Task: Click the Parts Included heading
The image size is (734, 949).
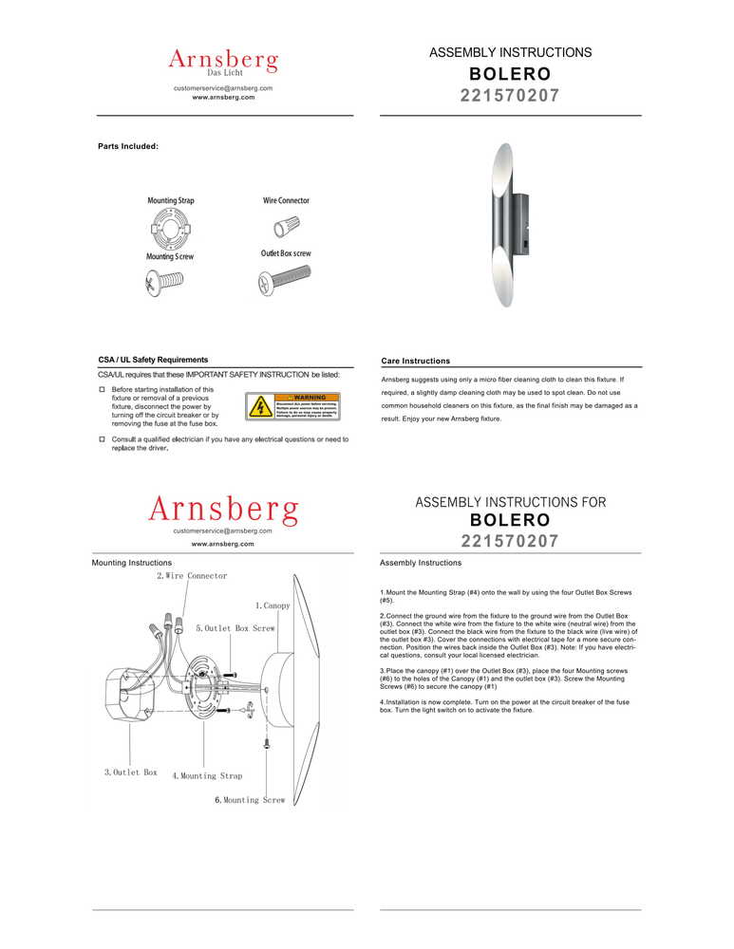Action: [x=128, y=147]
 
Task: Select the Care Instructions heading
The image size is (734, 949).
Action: [x=415, y=361]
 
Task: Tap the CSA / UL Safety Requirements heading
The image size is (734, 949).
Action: [x=153, y=360]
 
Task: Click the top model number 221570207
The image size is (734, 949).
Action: [x=510, y=96]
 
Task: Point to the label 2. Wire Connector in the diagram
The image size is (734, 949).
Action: [x=192, y=576]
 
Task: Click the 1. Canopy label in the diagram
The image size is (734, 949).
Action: [x=273, y=605]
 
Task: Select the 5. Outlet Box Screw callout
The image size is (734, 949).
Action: [x=235, y=628]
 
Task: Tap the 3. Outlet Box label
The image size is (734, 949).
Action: [x=130, y=772]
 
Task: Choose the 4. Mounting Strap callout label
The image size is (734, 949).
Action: [x=207, y=776]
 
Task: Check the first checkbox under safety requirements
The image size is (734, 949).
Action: [x=103, y=389]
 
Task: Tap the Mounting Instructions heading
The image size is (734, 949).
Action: [x=131, y=563]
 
